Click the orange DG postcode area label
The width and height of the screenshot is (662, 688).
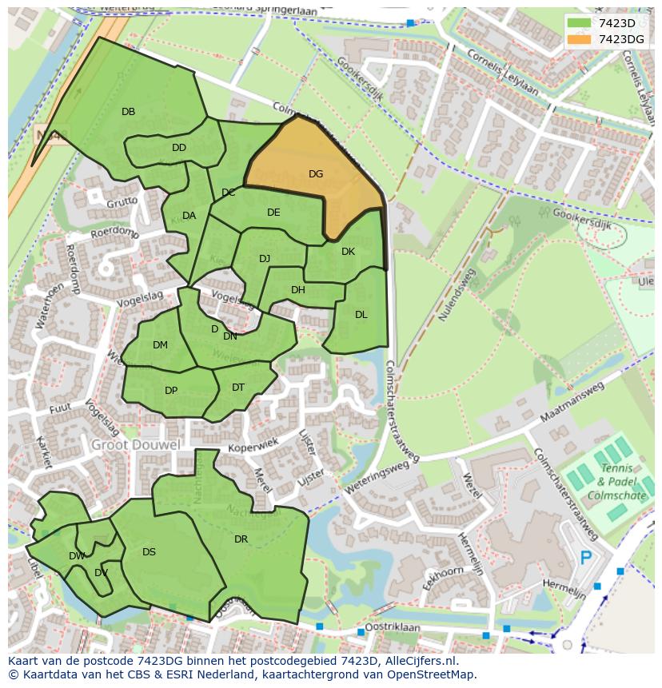(x=316, y=174)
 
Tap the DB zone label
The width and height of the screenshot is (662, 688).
(x=128, y=112)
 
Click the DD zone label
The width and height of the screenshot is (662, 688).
(x=179, y=148)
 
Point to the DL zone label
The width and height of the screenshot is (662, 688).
(x=361, y=315)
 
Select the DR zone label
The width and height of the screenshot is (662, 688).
(x=241, y=539)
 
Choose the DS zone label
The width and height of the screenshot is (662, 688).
(x=149, y=552)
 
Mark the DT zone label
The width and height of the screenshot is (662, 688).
(x=238, y=388)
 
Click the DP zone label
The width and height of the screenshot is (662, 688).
(x=171, y=391)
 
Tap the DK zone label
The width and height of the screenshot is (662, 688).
(x=348, y=252)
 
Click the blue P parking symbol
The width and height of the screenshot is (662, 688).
(x=586, y=557)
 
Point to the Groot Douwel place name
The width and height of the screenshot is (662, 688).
(x=135, y=444)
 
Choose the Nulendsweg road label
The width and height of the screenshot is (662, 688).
(x=457, y=294)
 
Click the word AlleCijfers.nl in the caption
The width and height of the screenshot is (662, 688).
(x=423, y=661)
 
